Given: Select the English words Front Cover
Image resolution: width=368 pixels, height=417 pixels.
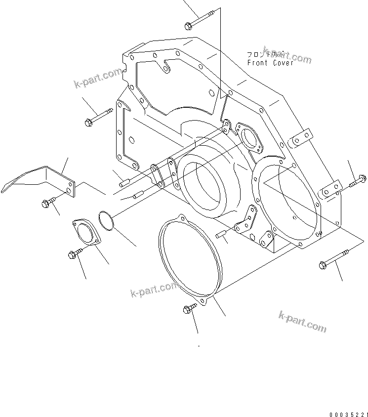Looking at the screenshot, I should point(270,63).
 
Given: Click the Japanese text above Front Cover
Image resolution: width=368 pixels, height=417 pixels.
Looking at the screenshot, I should point(260,53).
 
